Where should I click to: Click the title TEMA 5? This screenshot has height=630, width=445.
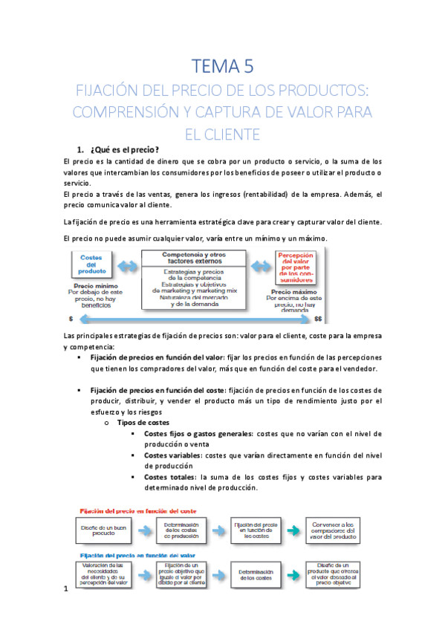222,67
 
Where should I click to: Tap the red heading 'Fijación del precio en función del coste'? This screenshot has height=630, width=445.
141,510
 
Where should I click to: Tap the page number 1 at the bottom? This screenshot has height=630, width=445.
66,590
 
